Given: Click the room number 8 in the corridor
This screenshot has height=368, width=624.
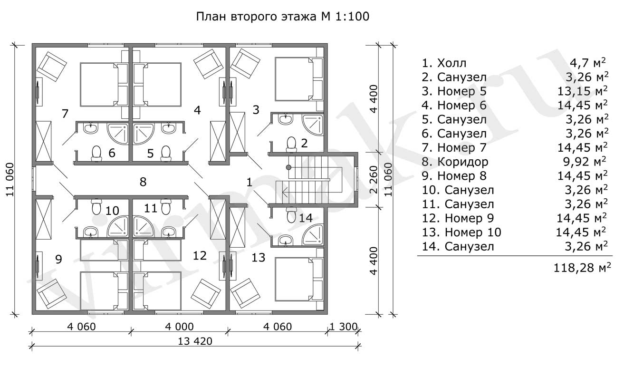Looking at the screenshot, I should coord(143,181).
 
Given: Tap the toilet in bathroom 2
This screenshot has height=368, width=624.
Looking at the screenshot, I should coord(291,144).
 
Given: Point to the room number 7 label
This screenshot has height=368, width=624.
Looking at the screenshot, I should coord(65,114).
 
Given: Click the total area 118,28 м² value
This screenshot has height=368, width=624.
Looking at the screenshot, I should coord(582,268).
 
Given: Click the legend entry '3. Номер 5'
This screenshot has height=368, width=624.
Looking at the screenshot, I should coord(455,91).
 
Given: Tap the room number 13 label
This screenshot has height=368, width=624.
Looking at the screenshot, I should coord(258,258).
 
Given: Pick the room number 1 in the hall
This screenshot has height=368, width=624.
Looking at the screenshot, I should coord(250,181).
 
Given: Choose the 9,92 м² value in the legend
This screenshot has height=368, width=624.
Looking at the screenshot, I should coord(587,162).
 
